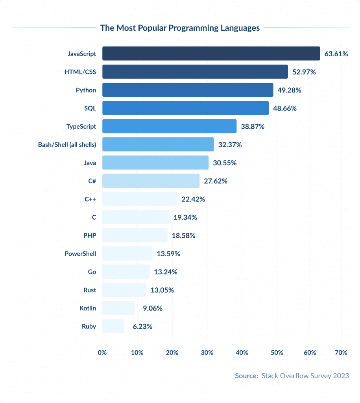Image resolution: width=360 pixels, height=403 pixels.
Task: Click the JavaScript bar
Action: (211, 54)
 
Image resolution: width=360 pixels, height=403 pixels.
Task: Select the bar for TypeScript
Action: (169, 126)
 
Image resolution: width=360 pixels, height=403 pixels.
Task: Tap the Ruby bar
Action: (113, 326)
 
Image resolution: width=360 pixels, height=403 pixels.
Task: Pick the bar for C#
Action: (151, 181)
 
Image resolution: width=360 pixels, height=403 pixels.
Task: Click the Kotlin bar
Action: (118, 308)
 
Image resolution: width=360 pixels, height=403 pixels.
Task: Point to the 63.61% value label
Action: (336, 54)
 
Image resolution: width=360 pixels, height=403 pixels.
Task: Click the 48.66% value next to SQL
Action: (285, 108)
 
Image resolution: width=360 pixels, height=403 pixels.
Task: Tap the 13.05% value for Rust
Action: (162, 290)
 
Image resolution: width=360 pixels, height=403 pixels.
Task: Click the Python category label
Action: (86, 90)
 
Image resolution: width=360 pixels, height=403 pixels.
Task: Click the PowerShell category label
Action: (80, 253)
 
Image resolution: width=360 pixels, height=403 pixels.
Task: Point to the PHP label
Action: (90, 235)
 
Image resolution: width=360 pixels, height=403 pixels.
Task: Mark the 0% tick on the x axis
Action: (102, 353)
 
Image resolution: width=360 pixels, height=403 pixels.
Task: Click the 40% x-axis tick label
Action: (242, 353)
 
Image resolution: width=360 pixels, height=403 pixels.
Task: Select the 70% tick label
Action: (341, 353)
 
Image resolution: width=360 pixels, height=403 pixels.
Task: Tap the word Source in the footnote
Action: (246, 376)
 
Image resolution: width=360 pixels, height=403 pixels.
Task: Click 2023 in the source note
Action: (341, 376)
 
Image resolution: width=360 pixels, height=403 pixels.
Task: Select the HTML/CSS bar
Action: (195, 72)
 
